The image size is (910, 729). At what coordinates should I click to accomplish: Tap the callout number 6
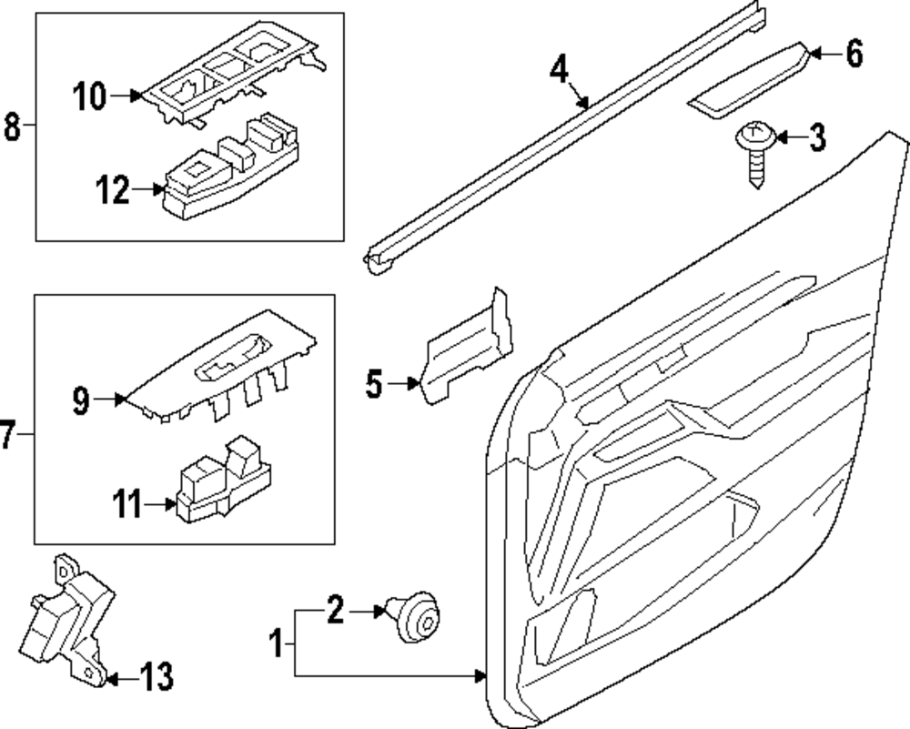pos(854,54)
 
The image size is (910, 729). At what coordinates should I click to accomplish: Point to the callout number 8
pos(12,127)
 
